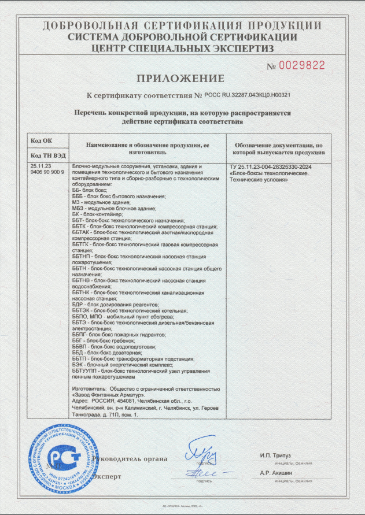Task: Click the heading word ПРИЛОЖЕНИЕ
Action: tap(180, 78)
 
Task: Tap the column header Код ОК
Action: tap(40, 141)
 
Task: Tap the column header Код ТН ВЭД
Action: tap(47, 155)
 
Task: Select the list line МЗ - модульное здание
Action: tap(99, 202)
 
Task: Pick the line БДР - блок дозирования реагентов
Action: tap(114, 303)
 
